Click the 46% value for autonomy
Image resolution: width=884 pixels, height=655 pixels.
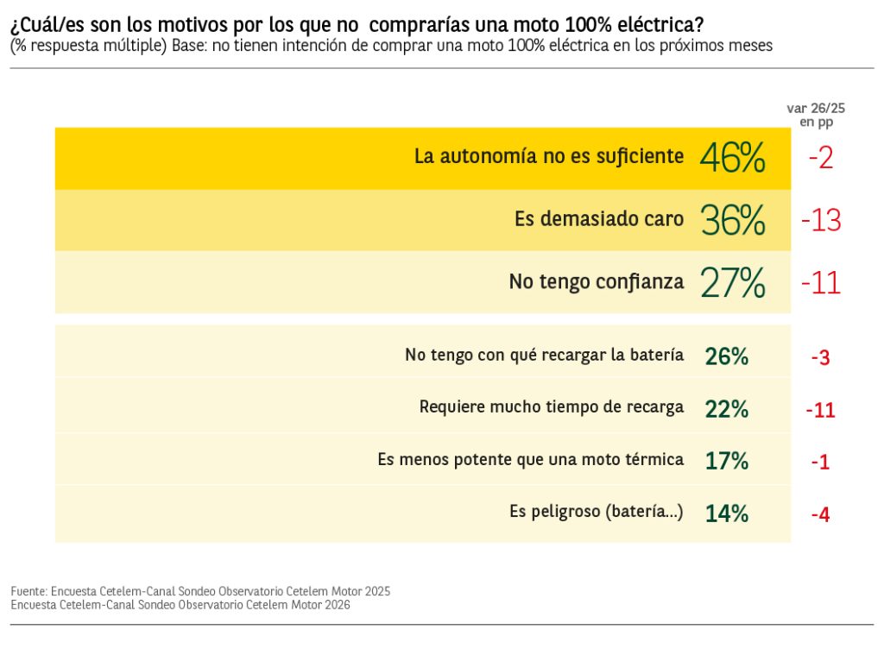732,158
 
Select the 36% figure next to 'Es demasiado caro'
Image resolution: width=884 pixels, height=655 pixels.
733,221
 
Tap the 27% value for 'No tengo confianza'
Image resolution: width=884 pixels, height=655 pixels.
733,282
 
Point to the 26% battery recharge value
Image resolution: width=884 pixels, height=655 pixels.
726,356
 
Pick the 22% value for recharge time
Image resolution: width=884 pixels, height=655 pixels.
726,409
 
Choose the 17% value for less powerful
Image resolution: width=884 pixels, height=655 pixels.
726,461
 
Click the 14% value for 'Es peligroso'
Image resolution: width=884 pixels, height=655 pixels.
726,513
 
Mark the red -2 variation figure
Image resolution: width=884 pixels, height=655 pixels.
820,158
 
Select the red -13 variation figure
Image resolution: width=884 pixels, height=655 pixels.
820,221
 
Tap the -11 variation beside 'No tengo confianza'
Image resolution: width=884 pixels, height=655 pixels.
820,282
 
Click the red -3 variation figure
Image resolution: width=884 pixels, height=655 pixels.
820,357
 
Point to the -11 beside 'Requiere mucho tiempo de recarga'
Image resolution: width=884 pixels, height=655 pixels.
820,410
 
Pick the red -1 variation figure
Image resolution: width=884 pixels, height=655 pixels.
820,463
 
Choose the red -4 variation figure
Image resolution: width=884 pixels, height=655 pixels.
820,515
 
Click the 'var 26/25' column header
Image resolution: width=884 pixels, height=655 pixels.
816,109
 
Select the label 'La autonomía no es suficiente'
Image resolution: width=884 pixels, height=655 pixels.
549,157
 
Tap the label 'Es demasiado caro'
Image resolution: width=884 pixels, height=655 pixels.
599,219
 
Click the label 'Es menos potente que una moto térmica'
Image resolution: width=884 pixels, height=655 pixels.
530,459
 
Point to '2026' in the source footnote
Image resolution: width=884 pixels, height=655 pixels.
336,605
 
